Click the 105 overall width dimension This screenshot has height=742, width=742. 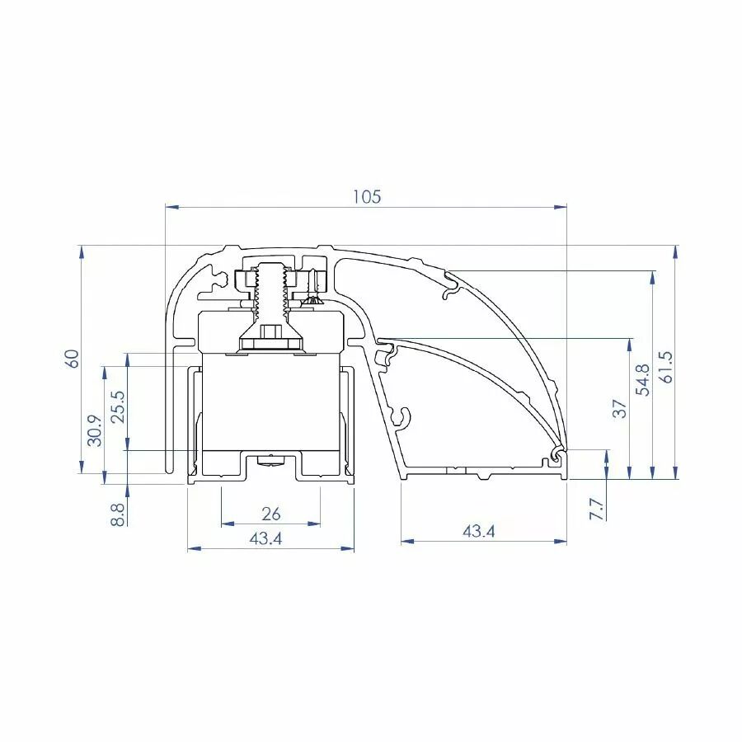coord(367,196)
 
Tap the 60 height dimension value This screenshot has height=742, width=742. coord(72,359)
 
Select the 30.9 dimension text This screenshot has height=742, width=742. coord(95,430)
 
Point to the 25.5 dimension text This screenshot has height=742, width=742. coord(118,407)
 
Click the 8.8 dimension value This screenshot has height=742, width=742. coord(117,514)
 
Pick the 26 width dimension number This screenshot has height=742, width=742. coord(270,514)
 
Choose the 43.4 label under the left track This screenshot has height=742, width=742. coord(265,538)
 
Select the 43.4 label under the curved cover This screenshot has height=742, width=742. coord(478,532)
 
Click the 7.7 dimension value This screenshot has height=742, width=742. coord(597,509)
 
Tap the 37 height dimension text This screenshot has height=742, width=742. coord(620,409)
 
